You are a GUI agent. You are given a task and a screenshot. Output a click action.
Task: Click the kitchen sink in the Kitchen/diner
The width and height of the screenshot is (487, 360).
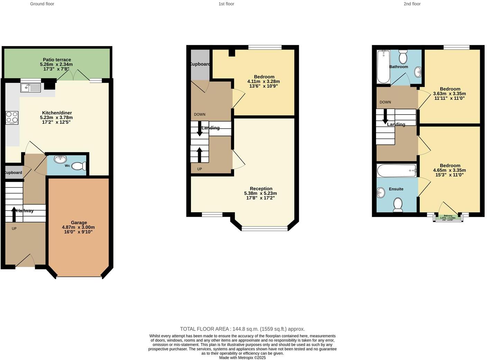tap(30, 88)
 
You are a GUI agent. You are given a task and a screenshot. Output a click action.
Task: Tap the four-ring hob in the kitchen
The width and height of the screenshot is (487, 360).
tap(12, 118)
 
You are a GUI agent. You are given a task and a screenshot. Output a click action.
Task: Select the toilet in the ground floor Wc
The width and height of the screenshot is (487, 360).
tap(79, 166)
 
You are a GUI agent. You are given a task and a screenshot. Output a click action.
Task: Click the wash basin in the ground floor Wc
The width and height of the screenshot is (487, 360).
tap(61, 159)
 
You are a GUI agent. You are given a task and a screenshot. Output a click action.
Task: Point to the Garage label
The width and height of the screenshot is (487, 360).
tap(79, 223)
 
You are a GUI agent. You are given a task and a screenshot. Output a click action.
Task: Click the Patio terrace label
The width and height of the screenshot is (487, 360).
tap(57, 60)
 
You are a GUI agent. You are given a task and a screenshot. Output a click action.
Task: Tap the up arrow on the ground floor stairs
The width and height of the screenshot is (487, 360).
tap(14, 214)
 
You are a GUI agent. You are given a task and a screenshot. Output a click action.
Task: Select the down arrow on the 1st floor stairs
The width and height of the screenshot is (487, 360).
tap(200, 129)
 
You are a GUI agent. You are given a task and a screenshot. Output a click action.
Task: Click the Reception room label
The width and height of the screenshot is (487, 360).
tap(261, 189)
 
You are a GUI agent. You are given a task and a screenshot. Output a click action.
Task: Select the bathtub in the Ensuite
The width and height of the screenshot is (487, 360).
tap(396, 171)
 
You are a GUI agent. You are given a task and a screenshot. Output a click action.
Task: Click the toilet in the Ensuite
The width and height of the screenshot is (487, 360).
tap(398, 205)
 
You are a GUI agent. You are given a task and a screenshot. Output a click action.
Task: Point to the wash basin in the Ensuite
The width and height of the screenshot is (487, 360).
tap(381, 193)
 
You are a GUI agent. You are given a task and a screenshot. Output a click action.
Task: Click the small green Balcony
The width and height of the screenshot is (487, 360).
tap(448, 217)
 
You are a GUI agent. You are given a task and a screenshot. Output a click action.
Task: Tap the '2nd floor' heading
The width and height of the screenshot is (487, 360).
tap(412, 4)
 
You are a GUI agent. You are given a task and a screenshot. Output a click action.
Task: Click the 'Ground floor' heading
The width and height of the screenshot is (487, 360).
tap(42, 4)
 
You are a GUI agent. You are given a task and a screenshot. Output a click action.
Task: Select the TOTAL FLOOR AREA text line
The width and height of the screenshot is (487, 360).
tap(242, 329)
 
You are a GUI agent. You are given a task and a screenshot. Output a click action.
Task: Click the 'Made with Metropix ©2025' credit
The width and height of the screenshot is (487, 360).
tap(242, 358)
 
